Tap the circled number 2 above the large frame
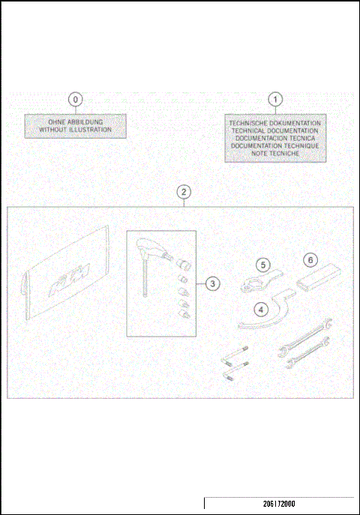pyautogui.click(x=184, y=192)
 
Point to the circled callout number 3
pyautogui.click(x=213, y=283)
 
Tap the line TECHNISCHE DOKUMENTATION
pyautogui.click(x=275, y=123)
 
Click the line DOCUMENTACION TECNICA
pyautogui.click(x=275, y=138)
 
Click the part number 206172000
pyautogui.click(x=279, y=505)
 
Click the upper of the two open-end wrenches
pyautogui.click(x=304, y=337)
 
